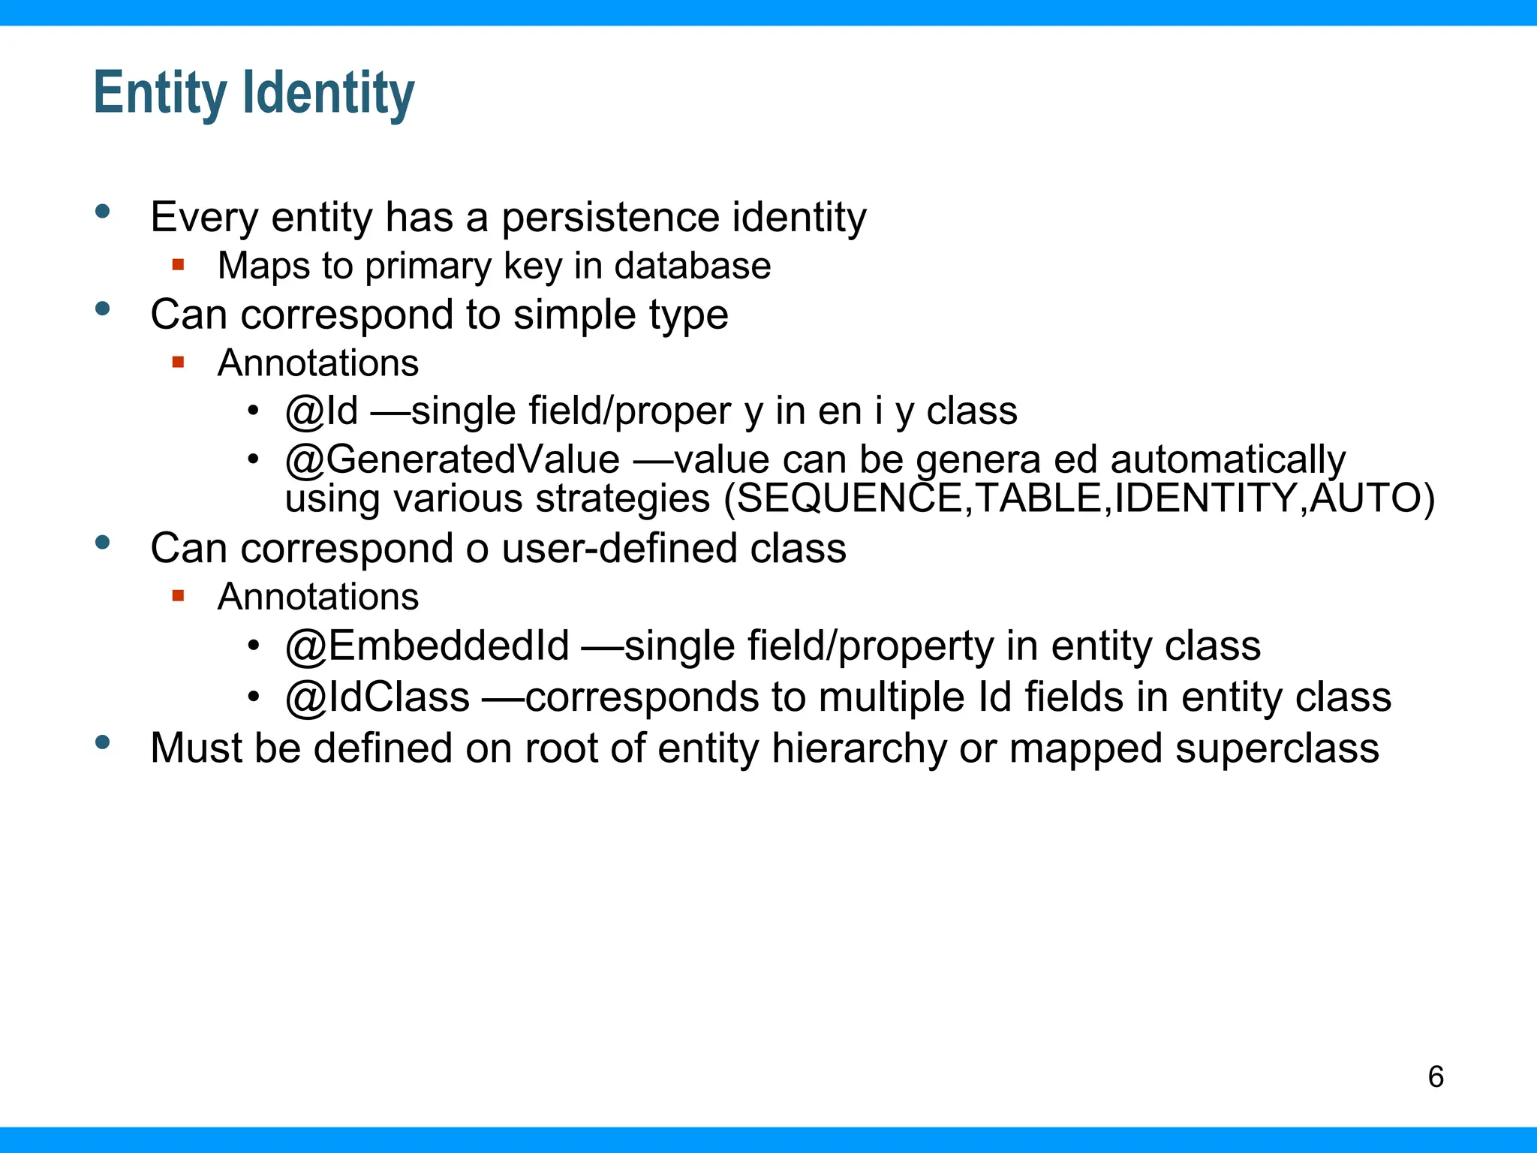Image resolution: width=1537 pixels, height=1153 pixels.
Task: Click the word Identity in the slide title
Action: coord(329,93)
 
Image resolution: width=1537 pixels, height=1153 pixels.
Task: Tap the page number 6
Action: coord(1436,1077)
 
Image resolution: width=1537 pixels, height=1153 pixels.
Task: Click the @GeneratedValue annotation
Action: coord(453,459)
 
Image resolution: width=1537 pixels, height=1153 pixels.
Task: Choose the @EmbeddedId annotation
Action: coord(427,646)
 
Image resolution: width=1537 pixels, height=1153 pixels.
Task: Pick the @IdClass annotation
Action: coord(377,697)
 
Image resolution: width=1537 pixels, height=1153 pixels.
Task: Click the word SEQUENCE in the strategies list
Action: coord(850,498)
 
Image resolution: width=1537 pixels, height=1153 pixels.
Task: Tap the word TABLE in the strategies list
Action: coord(1038,498)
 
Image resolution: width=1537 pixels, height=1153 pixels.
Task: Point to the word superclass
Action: coord(1277,748)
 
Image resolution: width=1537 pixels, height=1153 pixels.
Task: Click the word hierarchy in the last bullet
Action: coord(859,748)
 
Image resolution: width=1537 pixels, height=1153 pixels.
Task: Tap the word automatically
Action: coord(1228,459)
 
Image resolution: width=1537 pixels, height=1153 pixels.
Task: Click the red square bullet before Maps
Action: coord(178,264)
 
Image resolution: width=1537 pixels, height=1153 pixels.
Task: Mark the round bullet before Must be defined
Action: coord(103,742)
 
